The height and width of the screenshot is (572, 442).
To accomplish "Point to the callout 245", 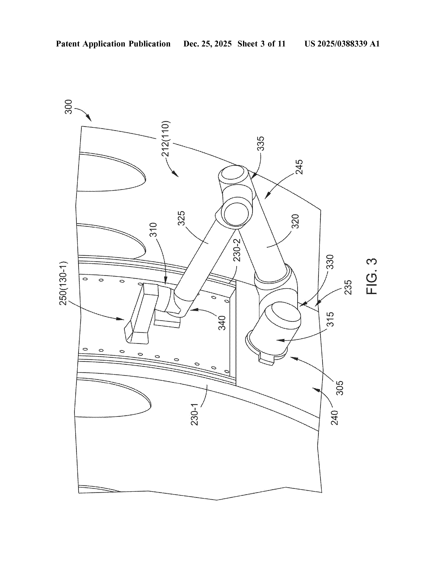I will [x=299, y=167].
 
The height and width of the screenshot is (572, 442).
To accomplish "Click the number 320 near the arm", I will [x=295, y=221].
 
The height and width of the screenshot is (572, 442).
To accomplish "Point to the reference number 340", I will [x=222, y=323].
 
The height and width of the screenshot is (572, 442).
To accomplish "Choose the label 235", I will [x=348, y=287].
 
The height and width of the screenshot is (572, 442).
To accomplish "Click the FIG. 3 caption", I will [x=371, y=276].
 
